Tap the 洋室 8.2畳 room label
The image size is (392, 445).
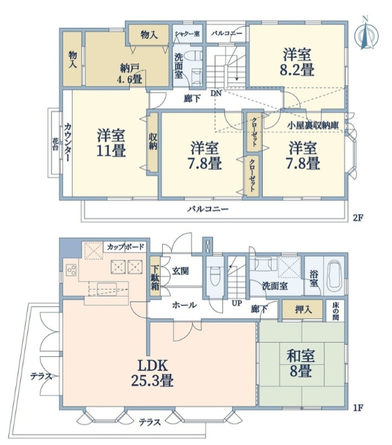[x=297, y=62]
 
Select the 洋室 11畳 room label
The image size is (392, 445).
[x=111, y=143]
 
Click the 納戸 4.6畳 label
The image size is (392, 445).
[x=129, y=73]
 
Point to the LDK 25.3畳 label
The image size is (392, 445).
[x=152, y=373]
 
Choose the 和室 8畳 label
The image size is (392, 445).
[x=300, y=363]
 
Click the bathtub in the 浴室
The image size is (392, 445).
[x=335, y=275]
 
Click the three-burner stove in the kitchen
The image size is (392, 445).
[x=71, y=270]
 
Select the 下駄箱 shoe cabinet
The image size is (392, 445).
[x=154, y=276]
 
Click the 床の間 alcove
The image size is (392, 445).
[x=335, y=311]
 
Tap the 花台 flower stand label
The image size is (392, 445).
[x=55, y=144]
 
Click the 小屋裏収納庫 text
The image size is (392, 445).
[x=313, y=125]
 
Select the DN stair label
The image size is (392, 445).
[x=215, y=93]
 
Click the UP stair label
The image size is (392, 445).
[x=237, y=303]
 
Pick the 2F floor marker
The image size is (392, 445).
[x=358, y=218]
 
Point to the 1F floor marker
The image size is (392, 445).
[x=358, y=408]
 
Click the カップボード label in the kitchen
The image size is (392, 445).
[x=126, y=246]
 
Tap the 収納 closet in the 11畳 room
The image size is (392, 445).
[x=153, y=142]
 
